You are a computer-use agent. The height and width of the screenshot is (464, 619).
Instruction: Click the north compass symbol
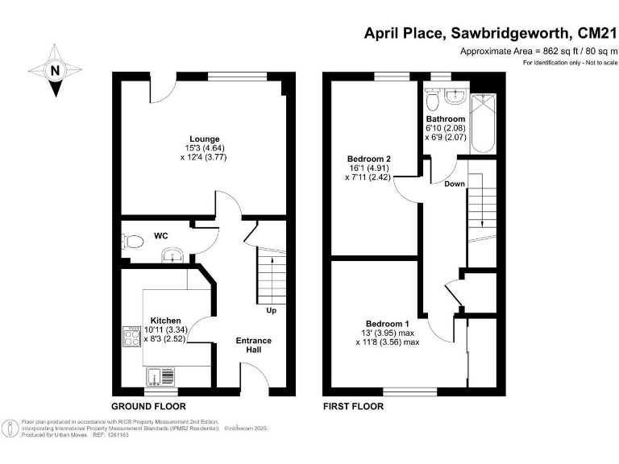coord(55,71)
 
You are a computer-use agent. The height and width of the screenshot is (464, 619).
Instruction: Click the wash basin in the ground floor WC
coord(172,256)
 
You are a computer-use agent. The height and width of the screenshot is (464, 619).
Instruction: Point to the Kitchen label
coord(164,320)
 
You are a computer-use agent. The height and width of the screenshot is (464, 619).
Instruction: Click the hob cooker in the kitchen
coord(131,337)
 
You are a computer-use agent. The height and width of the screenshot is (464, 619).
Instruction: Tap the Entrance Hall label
coord(253,346)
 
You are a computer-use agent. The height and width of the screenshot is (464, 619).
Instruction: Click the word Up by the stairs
coord(272,309)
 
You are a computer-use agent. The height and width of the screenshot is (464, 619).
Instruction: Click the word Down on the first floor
coord(454,184)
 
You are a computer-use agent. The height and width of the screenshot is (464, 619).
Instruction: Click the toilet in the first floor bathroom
coord(433,100)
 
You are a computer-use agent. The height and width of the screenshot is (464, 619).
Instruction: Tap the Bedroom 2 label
coord(368,159)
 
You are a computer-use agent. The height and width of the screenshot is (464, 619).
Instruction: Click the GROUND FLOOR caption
coord(147,406)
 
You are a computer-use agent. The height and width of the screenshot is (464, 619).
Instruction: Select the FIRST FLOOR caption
coord(353,406)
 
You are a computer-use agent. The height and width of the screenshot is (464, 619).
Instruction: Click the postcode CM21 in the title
coord(594,34)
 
